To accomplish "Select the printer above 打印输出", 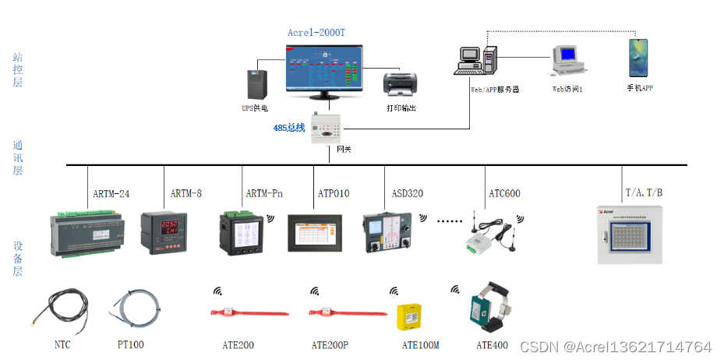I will point(401,83).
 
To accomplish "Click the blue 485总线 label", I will point(288,128).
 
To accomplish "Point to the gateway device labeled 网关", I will point(327,128).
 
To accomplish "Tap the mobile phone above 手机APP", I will point(639,58).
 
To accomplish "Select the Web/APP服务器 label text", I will point(494,90).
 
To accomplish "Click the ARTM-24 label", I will point(111,193).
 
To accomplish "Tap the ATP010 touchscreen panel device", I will point(319,231).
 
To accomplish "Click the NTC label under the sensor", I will point(62,344).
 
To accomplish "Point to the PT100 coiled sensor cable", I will point(136,308).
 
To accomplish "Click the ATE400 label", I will point(492,344).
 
